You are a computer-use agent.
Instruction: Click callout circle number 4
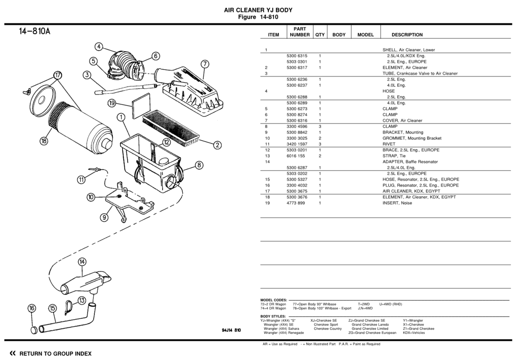click(99, 46)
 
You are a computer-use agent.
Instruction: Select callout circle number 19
click(112, 103)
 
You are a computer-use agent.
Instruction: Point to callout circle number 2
click(218, 145)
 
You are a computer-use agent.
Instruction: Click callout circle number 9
click(104, 218)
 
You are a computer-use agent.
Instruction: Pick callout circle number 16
click(32, 308)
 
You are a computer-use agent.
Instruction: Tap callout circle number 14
click(82, 262)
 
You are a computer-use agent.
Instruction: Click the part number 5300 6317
click(298, 68)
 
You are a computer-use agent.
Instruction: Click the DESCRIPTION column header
click(407, 35)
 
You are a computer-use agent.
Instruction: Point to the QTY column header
click(320, 35)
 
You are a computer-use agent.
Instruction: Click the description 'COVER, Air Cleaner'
click(402, 120)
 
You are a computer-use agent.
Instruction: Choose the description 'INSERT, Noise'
click(397, 203)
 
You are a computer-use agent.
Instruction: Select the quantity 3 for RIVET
click(320, 144)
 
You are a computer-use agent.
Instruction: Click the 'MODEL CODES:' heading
click(273, 300)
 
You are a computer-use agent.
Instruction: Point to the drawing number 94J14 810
click(231, 330)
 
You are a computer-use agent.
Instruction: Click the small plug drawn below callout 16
click(34, 330)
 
